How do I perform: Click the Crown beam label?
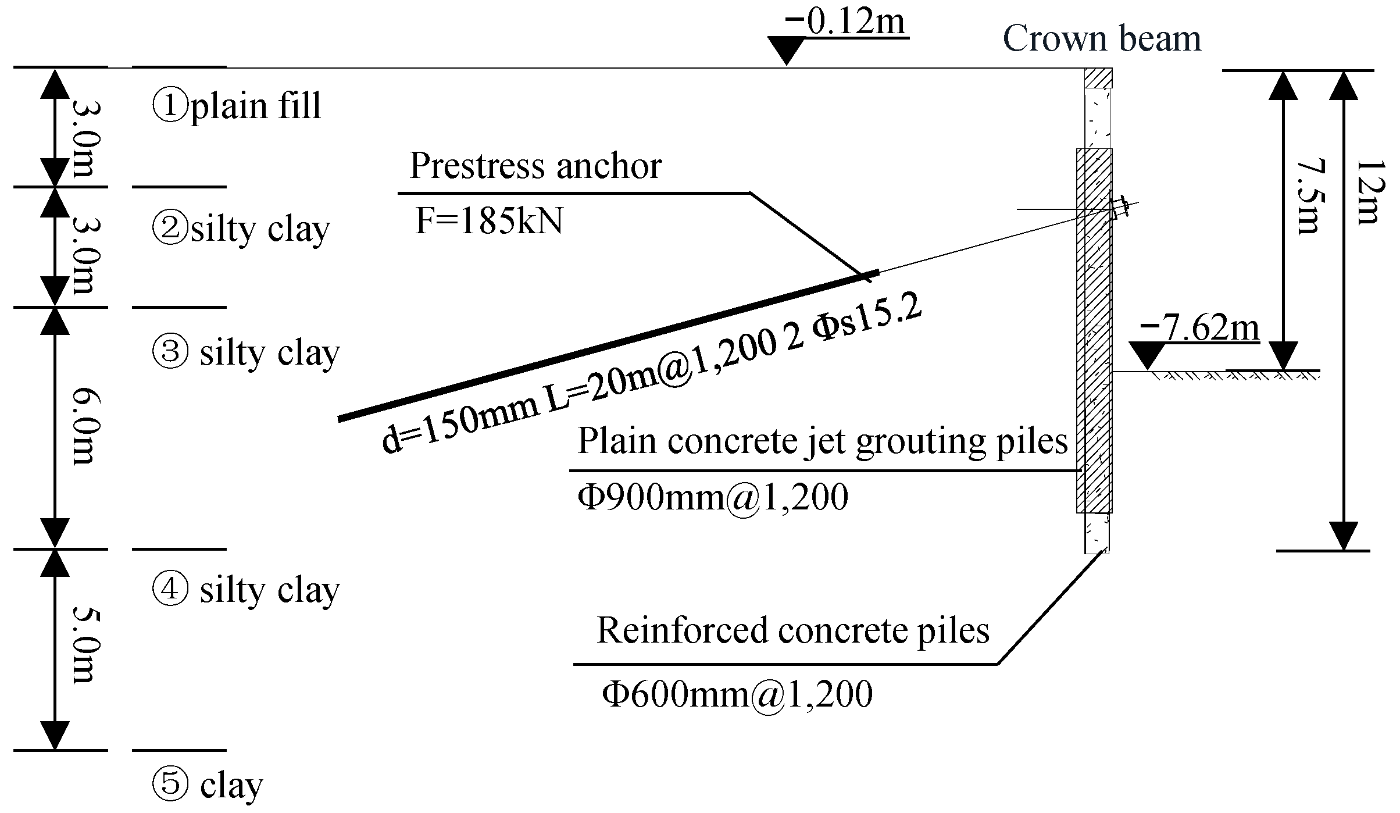pyautogui.click(x=1101, y=40)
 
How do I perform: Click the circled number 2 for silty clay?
pyautogui.click(x=169, y=229)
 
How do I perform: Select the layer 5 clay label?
pyautogui.click(x=207, y=785)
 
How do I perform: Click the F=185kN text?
pyautogui.click(x=489, y=222)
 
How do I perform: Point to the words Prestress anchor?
pyautogui.click(x=535, y=166)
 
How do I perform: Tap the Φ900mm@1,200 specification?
pyautogui.click(x=713, y=498)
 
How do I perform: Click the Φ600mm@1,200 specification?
pyautogui.click(x=737, y=694)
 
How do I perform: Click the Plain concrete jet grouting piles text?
pyautogui.click(x=822, y=441)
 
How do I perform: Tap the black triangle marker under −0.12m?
pyautogui.click(x=786, y=50)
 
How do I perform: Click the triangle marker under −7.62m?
pyautogui.click(x=1147, y=355)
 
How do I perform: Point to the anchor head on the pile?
pyautogui.click(x=1118, y=208)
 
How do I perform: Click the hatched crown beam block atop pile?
pyautogui.click(x=1098, y=78)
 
